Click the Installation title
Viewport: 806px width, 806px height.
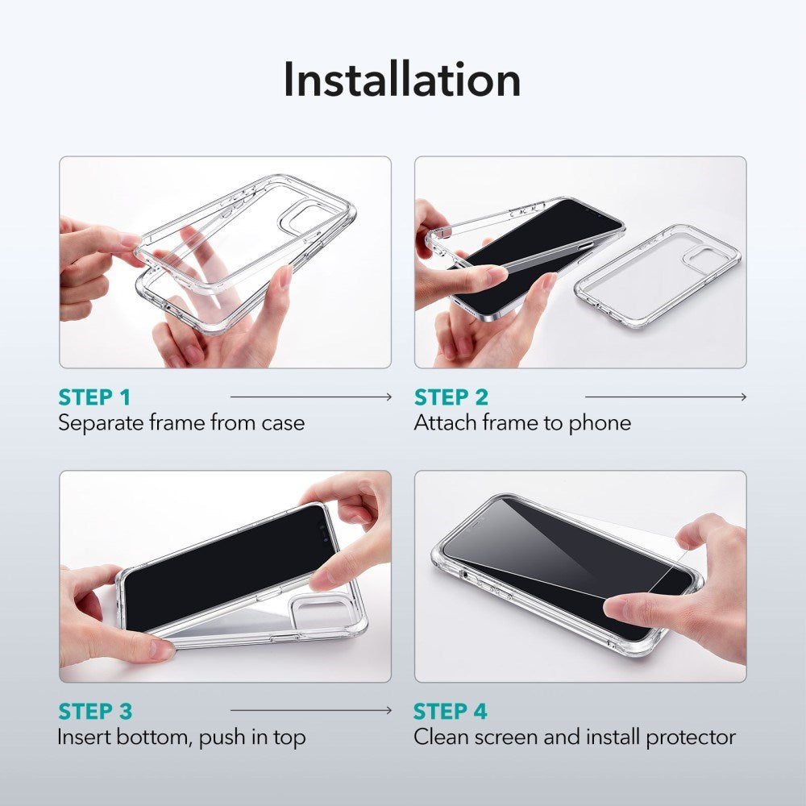click(401, 80)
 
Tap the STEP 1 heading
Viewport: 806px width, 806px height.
click(94, 397)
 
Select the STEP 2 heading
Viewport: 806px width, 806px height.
click(451, 397)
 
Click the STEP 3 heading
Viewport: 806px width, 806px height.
click(95, 712)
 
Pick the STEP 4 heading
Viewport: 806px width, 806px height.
click(451, 712)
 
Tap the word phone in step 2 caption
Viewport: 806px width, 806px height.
click(600, 422)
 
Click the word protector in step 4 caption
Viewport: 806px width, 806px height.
click(692, 737)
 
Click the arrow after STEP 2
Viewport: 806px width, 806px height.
click(666, 397)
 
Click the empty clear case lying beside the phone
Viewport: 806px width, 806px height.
click(657, 276)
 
